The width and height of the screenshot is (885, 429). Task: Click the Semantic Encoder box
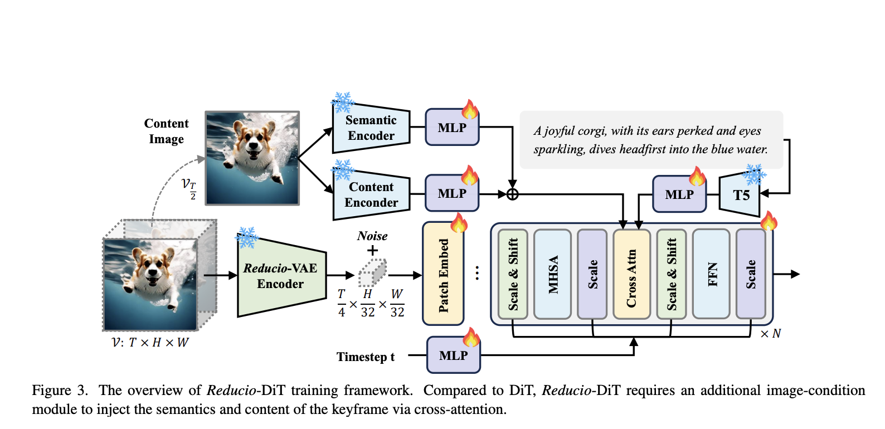[x=371, y=128]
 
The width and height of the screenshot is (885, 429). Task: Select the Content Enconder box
[x=371, y=195]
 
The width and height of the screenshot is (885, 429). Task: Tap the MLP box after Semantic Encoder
[x=452, y=128]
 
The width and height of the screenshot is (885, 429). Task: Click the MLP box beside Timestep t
[x=453, y=355]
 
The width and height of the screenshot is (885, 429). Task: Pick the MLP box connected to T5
[x=679, y=194]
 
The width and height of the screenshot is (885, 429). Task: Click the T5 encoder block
[x=740, y=195]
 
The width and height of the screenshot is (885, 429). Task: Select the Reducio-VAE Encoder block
[x=281, y=276]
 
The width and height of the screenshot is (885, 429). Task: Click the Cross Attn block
[x=631, y=275]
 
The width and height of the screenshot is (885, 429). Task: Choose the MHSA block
[x=552, y=275]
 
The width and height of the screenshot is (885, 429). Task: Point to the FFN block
[x=711, y=275]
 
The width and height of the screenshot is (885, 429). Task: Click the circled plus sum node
[x=513, y=194]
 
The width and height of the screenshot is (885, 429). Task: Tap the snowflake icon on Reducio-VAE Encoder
[x=247, y=237]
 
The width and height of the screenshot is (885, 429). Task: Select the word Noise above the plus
[x=372, y=236]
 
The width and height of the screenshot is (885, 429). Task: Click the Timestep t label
[x=365, y=357]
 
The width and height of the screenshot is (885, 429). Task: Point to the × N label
[x=771, y=334]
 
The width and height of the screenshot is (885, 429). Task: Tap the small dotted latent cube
[x=372, y=273]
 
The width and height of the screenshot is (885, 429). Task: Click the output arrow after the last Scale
[x=788, y=274]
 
